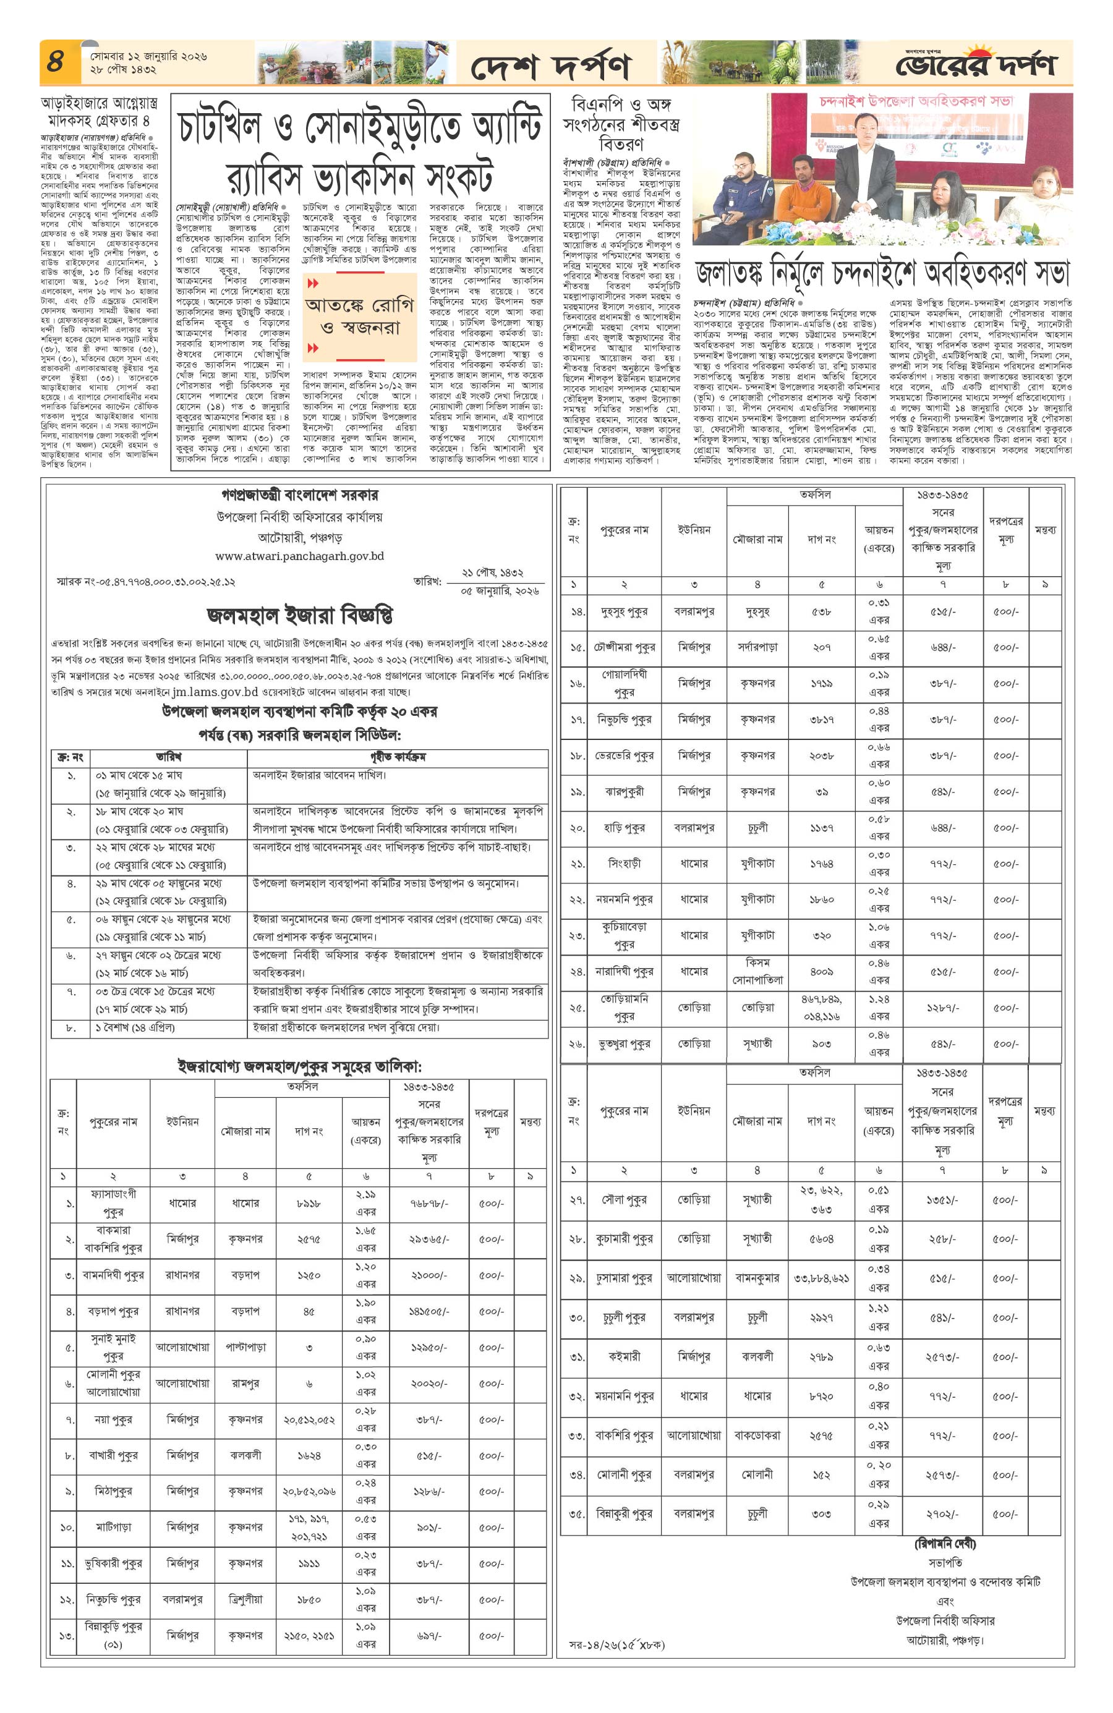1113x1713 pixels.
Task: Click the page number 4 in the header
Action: click(56, 62)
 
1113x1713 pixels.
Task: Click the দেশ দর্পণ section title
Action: click(550, 67)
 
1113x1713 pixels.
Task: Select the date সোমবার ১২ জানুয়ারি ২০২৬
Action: click(148, 56)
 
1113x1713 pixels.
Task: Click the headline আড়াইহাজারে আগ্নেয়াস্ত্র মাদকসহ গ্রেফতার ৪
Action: click(100, 111)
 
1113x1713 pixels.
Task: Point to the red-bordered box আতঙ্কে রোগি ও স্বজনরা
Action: click(360, 316)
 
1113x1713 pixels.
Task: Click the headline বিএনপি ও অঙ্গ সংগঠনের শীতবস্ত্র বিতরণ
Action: click(621, 123)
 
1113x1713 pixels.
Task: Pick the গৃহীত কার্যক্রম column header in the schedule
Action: click(398, 757)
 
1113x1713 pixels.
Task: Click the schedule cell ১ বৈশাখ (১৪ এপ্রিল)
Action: click(135, 1028)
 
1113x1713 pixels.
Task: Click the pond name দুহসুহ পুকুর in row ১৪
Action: click(623, 612)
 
